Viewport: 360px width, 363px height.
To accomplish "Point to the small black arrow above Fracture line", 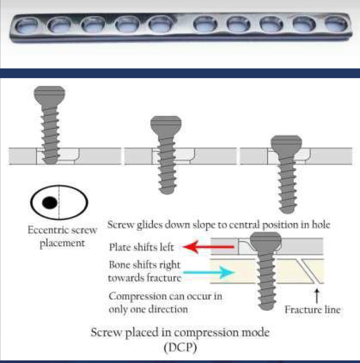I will click(x=316, y=296).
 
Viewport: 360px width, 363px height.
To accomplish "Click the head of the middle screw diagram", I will click(x=165, y=123).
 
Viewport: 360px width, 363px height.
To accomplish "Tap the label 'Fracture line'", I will click(x=312, y=310).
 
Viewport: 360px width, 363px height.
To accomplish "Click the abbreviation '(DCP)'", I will click(x=180, y=349).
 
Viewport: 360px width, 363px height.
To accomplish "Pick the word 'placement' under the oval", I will click(x=62, y=243).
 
